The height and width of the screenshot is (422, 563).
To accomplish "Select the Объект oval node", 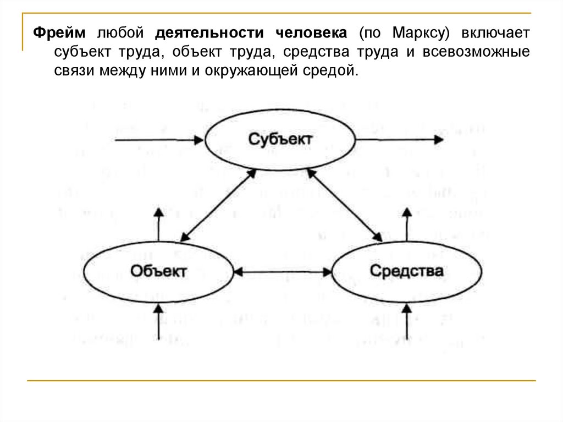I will tap(159, 271).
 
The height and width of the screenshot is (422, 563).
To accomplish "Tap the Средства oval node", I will tap(406, 271).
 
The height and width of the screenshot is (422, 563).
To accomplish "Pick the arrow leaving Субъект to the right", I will tap(401, 140).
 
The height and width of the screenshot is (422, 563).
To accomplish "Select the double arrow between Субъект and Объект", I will tap(219, 205).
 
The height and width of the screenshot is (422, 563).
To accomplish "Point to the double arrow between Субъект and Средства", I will tap(344, 205).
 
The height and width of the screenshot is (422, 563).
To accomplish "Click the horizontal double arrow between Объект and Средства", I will tap(283, 271).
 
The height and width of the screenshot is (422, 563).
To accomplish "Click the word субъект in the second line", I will tap(81, 52).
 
